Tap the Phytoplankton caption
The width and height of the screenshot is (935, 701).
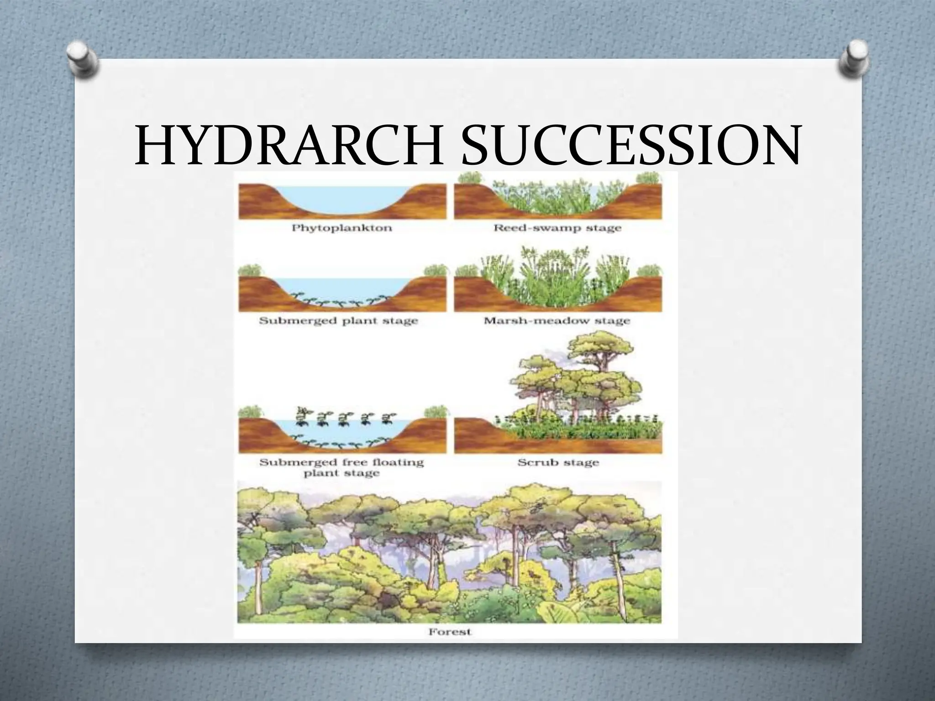click(x=341, y=228)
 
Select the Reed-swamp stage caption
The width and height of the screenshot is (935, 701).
click(x=557, y=227)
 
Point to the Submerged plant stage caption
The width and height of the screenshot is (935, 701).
click(x=338, y=321)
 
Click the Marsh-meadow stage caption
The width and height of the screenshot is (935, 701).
click(x=557, y=320)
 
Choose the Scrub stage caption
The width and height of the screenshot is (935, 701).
click(x=557, y=463)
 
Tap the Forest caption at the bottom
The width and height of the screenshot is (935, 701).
click(x=449, y=632)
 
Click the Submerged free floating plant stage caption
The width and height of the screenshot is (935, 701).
click(x=341, y=467)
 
